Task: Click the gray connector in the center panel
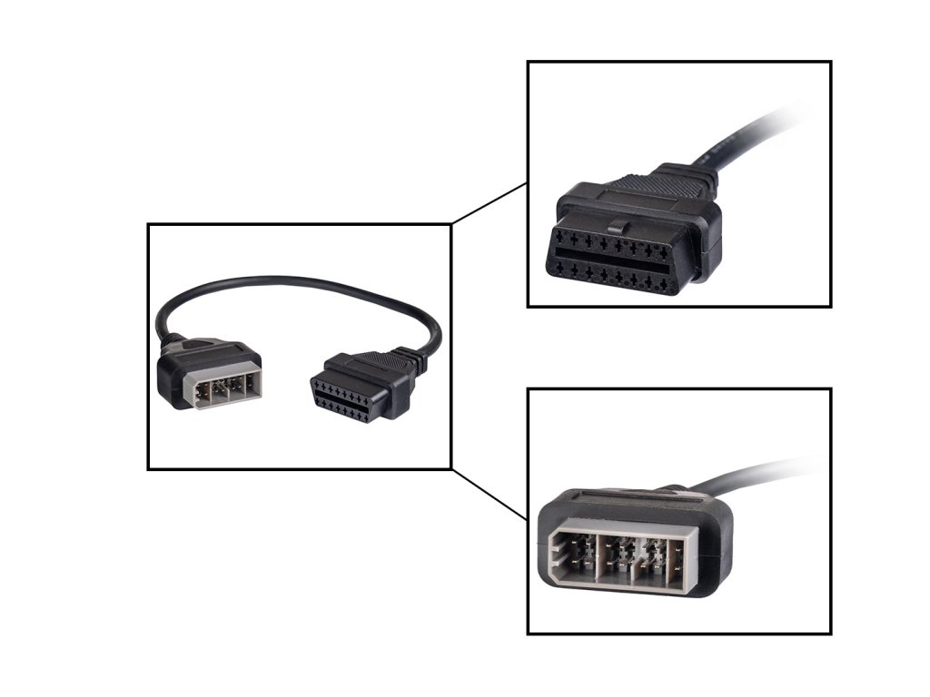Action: coord(219,390)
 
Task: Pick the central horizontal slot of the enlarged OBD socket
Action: coord(613,258)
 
